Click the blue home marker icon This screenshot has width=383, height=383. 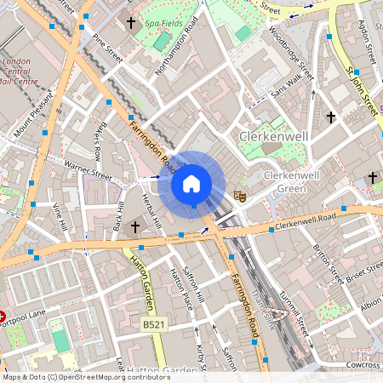pos(191,183)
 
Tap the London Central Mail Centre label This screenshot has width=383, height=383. pos(20,71)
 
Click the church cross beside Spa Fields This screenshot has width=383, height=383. pos(131,23)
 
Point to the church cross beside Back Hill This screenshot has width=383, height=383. pos(134,227)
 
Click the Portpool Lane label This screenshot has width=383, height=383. pos(21,322)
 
